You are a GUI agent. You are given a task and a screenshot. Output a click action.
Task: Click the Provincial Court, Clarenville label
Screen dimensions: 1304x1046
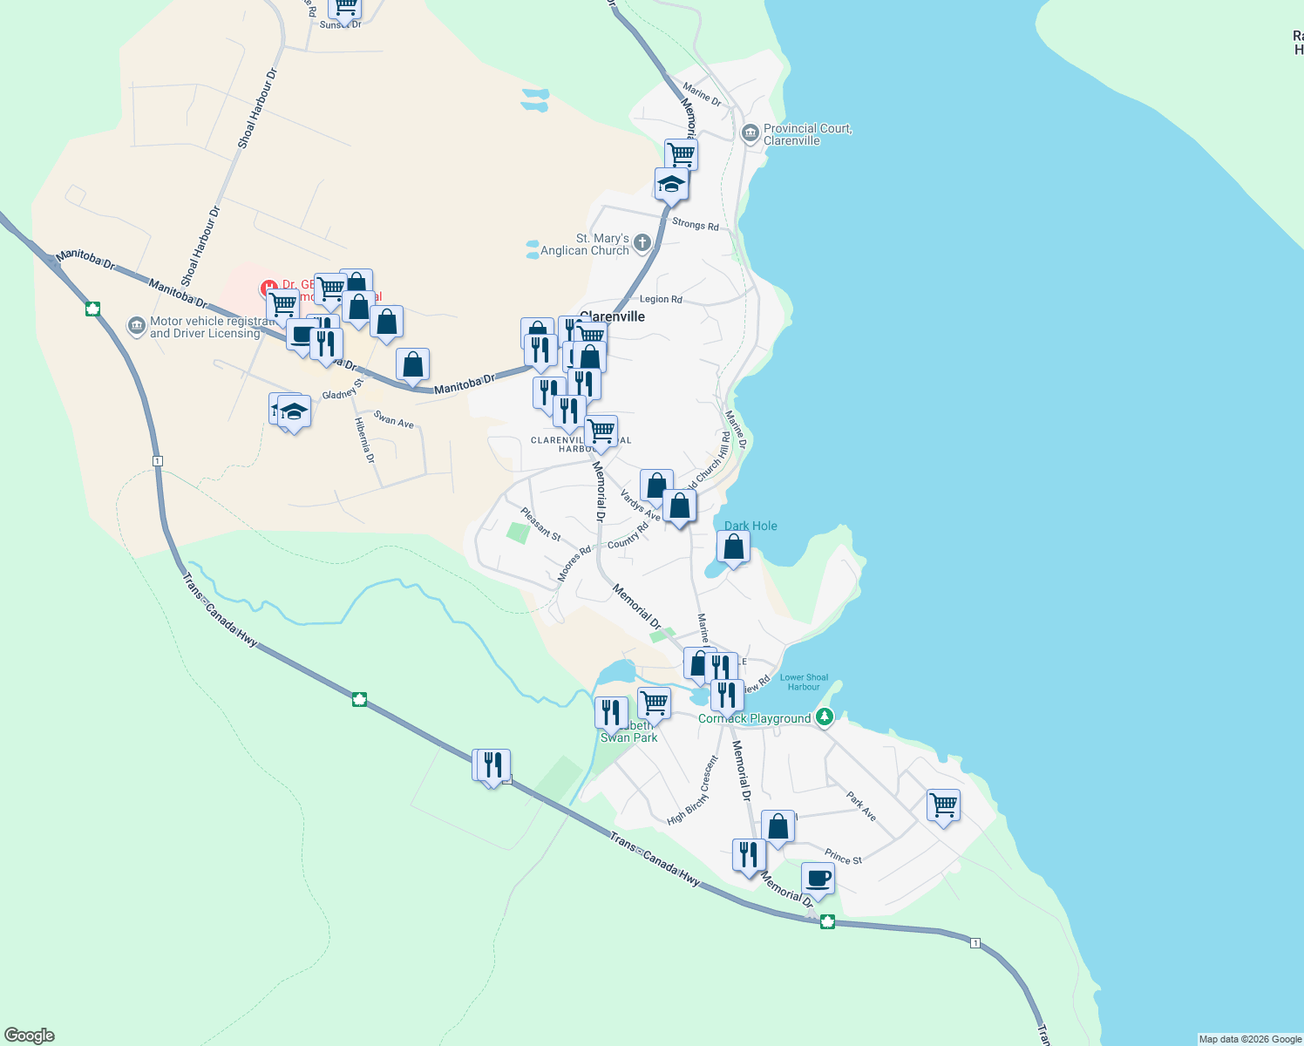coord(807,134)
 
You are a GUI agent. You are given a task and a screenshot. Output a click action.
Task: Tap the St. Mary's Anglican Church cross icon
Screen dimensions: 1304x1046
coord(642,243)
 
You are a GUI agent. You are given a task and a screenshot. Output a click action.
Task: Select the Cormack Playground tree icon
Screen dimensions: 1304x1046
coord(824,717)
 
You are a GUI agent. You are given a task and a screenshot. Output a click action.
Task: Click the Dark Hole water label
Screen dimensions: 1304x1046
coord(750,526)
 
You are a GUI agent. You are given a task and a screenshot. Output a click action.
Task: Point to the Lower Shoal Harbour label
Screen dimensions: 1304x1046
coord(804,682)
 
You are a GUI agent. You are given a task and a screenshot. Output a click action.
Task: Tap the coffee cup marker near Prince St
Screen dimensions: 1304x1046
coord(818,879)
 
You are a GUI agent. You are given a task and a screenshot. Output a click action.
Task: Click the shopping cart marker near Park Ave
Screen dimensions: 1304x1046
coord(943,805)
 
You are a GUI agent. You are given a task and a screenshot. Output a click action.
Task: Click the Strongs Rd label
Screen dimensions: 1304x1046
coord(695,224)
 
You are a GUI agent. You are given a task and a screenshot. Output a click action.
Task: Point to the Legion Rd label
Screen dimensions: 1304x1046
coord(661,299)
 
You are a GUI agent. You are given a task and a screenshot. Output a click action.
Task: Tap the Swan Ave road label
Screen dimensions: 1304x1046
coord(394,419)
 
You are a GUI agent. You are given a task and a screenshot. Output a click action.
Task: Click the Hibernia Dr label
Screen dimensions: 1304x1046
coord(364,440)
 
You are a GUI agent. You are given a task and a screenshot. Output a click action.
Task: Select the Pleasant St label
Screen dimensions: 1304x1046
coord(540,524)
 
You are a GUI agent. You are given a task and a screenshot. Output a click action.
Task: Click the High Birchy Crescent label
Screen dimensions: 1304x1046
coord(693,791)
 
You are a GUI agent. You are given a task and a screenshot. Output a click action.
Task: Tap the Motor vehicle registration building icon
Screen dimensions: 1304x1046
coord(136,326)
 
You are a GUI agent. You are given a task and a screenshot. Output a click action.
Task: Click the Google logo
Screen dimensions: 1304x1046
coord(29,1036)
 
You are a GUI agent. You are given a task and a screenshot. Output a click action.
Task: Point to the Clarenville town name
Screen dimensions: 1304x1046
coord(613,316)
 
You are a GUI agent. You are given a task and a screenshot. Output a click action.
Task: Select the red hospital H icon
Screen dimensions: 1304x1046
coord(269,288)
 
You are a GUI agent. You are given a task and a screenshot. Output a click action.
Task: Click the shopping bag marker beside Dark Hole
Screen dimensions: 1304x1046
coord(733,547)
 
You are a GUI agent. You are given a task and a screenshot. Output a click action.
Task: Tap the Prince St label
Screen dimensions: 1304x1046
coord(843,858)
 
